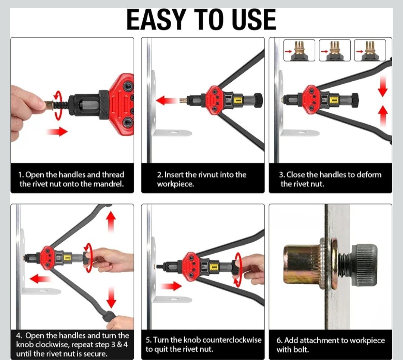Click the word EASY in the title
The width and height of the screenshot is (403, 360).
[156, 20]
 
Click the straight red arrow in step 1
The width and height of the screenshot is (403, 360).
[57, 132]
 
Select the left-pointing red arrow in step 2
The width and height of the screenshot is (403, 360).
[166, 100]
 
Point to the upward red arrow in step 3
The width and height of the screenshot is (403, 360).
[383, 116]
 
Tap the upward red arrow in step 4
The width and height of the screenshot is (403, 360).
[111, 222]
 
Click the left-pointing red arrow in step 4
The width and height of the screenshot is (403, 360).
[40, 279]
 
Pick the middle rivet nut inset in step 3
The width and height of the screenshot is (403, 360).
[335, 50]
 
